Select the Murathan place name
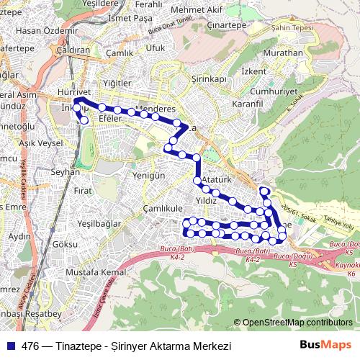click(x=282, y=54)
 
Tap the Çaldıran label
click(x=71, y=52)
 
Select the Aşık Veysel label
click(x=41, y=143)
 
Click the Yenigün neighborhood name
click(x=150, y=176)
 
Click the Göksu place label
click(x=65, y=245)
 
